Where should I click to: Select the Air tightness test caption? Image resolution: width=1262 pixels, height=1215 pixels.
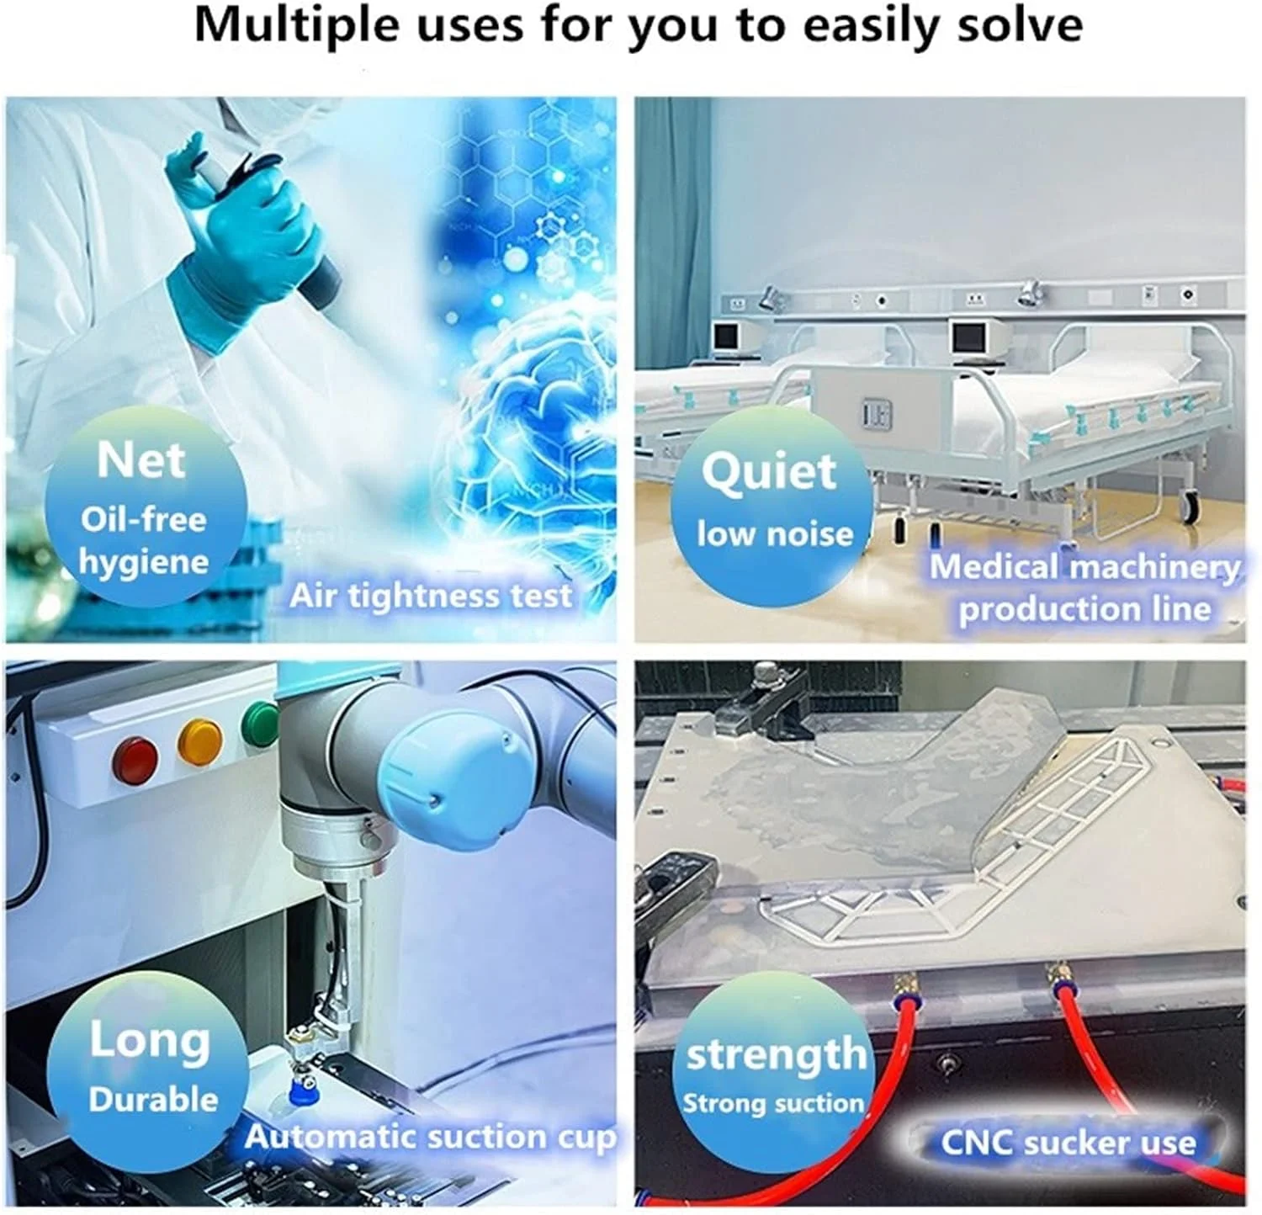coord(431,596)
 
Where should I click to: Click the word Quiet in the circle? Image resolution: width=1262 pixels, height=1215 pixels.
coord(769,472)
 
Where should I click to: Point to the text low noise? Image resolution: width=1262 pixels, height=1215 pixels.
coord(775,534)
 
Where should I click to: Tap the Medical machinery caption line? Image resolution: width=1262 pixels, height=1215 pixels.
coord(1084,567)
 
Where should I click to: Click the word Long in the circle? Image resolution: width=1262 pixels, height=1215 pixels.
coord(150,1040)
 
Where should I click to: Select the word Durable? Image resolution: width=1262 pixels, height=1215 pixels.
coord(153,1100)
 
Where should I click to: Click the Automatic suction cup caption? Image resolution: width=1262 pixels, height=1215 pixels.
coord(431,1138)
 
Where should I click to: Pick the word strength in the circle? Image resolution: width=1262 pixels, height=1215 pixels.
coord(776,1054)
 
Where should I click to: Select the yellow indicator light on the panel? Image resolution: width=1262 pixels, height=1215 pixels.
coord(201,740)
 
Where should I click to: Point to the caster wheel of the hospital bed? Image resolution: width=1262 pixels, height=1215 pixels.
coord(1190,504)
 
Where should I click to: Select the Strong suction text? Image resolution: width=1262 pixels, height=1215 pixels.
coord(773,1103)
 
